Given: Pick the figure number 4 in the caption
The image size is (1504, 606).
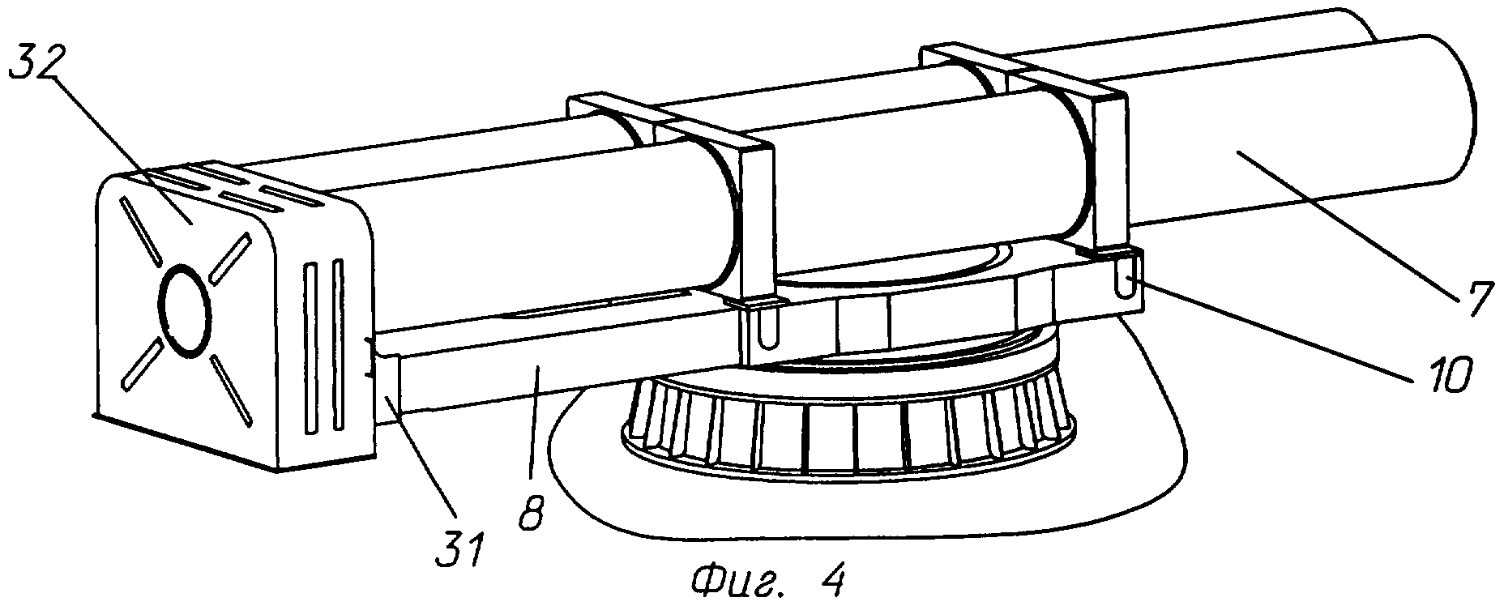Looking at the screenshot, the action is tap(831, 579).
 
